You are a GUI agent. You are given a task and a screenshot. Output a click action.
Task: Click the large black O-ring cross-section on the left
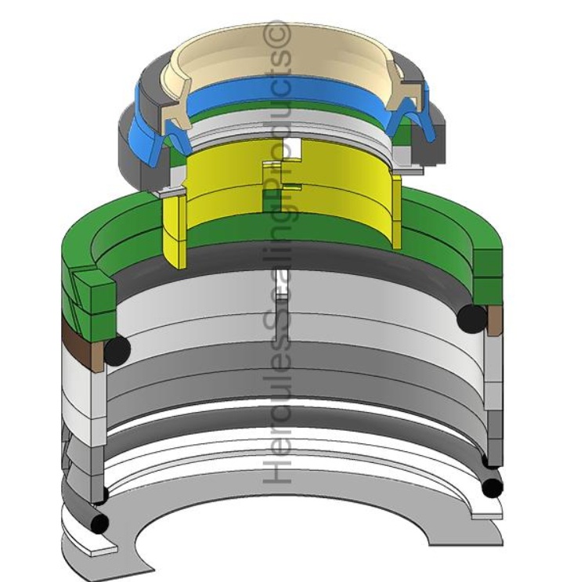tap(117, 349)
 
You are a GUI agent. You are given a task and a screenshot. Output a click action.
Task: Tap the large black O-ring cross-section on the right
tap(472, 318)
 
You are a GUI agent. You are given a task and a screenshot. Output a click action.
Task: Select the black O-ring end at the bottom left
tap(99, 523)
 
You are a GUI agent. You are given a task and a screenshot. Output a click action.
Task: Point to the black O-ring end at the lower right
tap(493, 488)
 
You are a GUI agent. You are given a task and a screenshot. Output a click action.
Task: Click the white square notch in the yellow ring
tap(292, 147)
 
